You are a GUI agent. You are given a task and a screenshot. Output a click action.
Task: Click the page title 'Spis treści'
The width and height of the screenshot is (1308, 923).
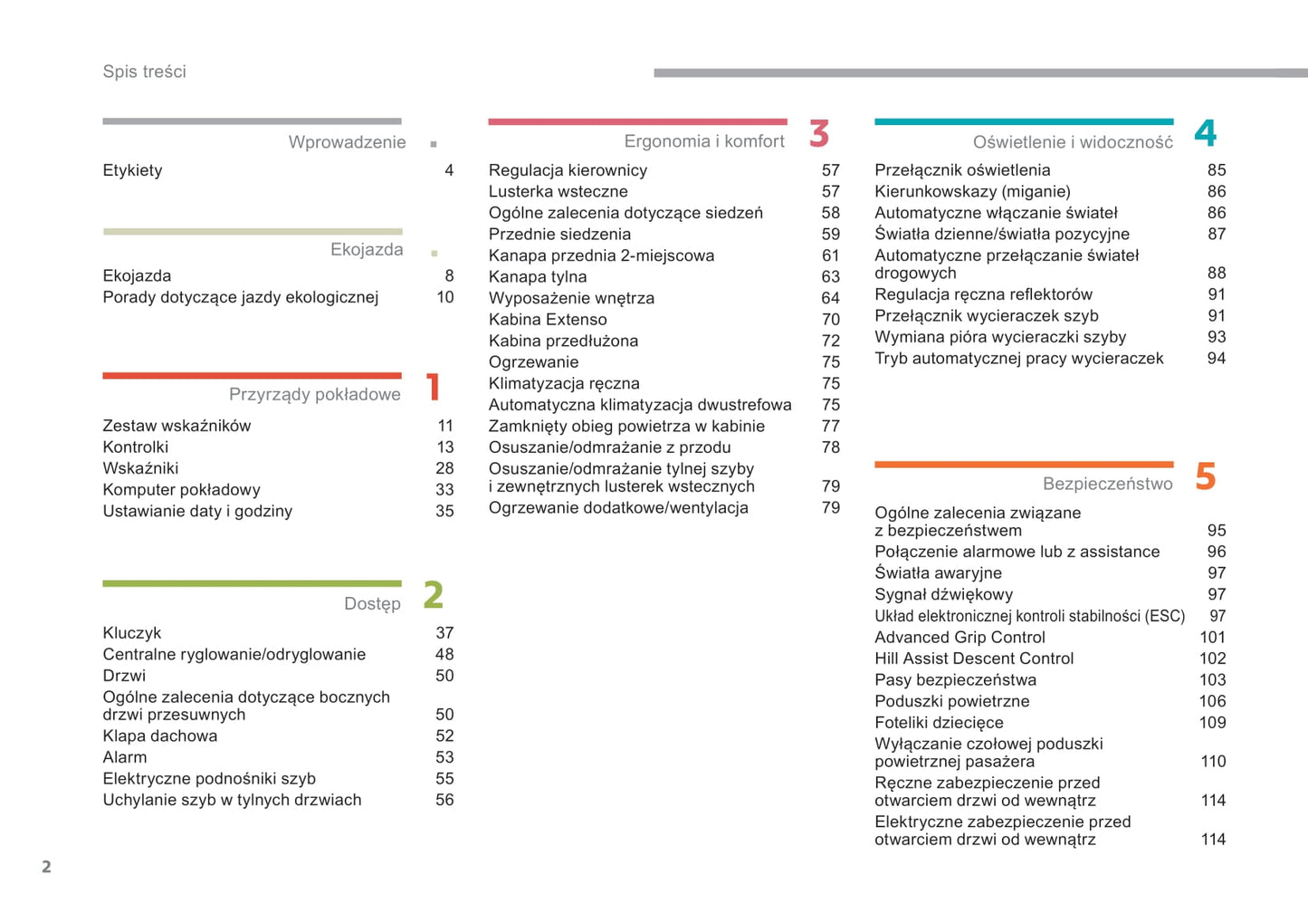144,72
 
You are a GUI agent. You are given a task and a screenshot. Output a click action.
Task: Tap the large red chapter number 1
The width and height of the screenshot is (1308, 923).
433,387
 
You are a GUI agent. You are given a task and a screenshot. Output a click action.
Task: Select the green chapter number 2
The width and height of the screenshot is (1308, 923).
434,595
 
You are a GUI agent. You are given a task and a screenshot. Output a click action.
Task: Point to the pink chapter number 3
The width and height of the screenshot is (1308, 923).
819,134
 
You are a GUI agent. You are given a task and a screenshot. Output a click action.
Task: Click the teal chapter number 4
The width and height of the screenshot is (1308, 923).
1205,134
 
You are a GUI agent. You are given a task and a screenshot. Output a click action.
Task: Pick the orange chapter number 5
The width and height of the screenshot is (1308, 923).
1205,476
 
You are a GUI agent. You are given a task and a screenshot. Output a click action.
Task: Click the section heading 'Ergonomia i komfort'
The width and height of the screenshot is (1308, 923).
704,141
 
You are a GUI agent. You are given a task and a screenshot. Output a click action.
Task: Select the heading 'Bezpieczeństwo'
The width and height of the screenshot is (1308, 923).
1107,484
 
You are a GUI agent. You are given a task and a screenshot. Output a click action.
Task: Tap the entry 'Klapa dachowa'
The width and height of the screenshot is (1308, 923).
160,736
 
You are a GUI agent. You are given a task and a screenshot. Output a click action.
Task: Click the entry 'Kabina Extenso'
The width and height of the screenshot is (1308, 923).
548,320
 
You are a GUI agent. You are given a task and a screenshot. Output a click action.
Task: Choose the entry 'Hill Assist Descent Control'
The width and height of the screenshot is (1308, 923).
974,659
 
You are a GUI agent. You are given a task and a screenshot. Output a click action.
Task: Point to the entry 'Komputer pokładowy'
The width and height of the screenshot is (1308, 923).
181,490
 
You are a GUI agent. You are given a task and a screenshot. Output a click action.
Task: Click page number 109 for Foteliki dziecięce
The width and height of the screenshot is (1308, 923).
1212,723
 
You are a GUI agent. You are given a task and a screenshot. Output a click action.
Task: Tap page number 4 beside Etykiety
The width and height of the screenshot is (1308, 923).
449,170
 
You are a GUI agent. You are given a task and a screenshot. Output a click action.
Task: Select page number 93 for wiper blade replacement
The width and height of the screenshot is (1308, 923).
1217,337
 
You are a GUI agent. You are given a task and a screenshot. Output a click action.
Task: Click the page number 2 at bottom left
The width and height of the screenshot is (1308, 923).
46,867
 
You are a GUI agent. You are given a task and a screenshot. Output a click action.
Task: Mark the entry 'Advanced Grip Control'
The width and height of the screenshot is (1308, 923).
960,638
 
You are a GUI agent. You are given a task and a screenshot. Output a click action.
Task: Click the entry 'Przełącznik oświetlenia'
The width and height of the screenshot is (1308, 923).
962,170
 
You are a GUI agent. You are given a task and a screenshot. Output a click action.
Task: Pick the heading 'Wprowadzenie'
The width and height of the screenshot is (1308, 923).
347,142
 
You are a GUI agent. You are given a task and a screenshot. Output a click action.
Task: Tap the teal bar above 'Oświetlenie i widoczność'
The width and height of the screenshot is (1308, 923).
1024,121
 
